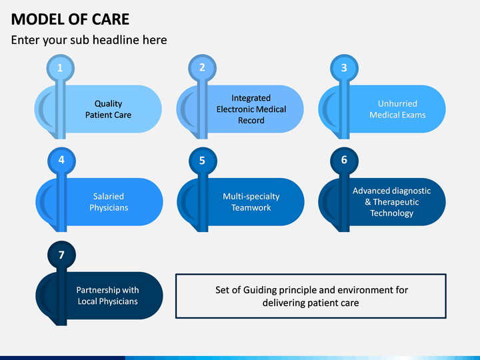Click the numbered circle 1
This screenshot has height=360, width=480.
[60, 68]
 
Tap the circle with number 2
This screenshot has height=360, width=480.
[202, 68]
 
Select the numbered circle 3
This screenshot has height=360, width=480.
[344, 68]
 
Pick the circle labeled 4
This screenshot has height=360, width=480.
[61, 161]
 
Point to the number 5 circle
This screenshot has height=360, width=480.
[203, 161]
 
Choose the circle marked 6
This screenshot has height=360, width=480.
[345, 161]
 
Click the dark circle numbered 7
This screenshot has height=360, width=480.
[61, 255]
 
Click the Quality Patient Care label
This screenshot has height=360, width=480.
[109, 109]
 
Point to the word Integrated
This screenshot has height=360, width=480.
[251, 98]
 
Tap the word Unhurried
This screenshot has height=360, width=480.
[397, 103]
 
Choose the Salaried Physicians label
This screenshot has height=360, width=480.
[109, 202]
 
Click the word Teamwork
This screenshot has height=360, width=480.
[251, 207]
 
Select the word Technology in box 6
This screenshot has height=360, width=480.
[391, 213]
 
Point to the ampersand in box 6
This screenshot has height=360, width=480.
[367, 202]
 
